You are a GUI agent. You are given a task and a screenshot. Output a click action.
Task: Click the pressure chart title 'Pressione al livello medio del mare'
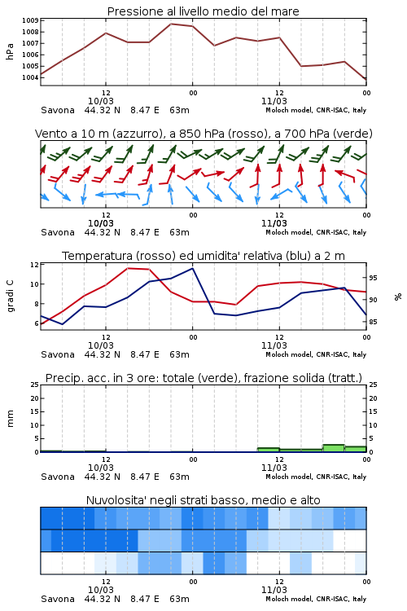pyautogui.click(x=203, y=11)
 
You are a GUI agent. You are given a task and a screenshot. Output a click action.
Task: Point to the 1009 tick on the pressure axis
pyautogui.click(x=30, y=20)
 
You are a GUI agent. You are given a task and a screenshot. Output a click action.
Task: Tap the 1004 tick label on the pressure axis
pyautogui.click(x=30, y=77)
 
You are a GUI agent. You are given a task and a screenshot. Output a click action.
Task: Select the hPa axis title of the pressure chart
pyautogui.click(x=10, y=51)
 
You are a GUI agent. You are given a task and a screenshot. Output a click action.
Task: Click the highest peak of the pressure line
pyautogui.click(x=171, y=24)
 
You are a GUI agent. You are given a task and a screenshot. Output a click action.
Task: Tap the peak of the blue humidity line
pyautogui.click(x=192, y=268)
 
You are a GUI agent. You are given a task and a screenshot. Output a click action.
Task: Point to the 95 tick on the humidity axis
pyautogui.click(x=373, y=278)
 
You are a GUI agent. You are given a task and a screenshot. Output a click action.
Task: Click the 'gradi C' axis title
pyautogui.click(x=10, y=296)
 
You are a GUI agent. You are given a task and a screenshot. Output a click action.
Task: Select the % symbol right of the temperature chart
pyautogui.click(x=398, y=297)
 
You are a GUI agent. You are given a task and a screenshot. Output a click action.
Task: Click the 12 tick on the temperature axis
pyautogui.click(x=34, y=265)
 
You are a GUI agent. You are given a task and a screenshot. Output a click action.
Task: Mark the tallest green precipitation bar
pyautogui.click(x=334, y=448)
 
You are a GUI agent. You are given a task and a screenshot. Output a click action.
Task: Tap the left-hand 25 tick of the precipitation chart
pyautogui.click(x=34, y=385)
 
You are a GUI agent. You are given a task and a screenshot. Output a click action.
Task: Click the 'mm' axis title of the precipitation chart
pyautogui.click(x=10, y=419)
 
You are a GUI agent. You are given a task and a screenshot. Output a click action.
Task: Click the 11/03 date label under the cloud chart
pyautogui.click(x=274, y=590)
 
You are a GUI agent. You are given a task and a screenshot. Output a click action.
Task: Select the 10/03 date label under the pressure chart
pyautogui.click(x=101, y=101)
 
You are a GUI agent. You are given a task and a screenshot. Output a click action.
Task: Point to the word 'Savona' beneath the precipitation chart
pyautogui.click(x=58, y=477)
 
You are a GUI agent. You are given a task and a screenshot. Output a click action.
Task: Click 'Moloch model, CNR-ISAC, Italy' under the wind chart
pyautogui.click(x=316, y=233)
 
